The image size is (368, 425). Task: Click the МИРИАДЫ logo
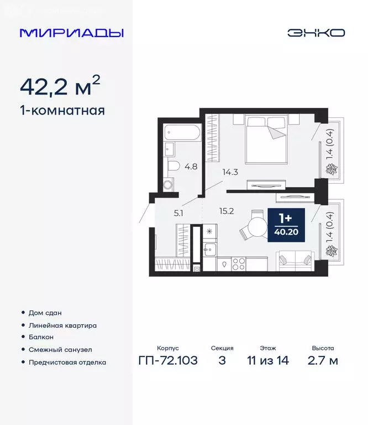pyautogui.click(x=72, y=33)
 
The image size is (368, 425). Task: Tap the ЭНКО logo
pyautogui.click(x=316, y=33)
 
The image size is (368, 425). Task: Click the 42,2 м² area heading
pyautogui.click(x=60, y=86)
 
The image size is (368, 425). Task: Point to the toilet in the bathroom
pyautogui.click(x=173, y=165)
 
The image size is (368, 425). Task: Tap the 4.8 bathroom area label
pyautogui.click(x=191, y=165)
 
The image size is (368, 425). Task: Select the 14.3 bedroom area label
pyautogui.click(x=230, y=172)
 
